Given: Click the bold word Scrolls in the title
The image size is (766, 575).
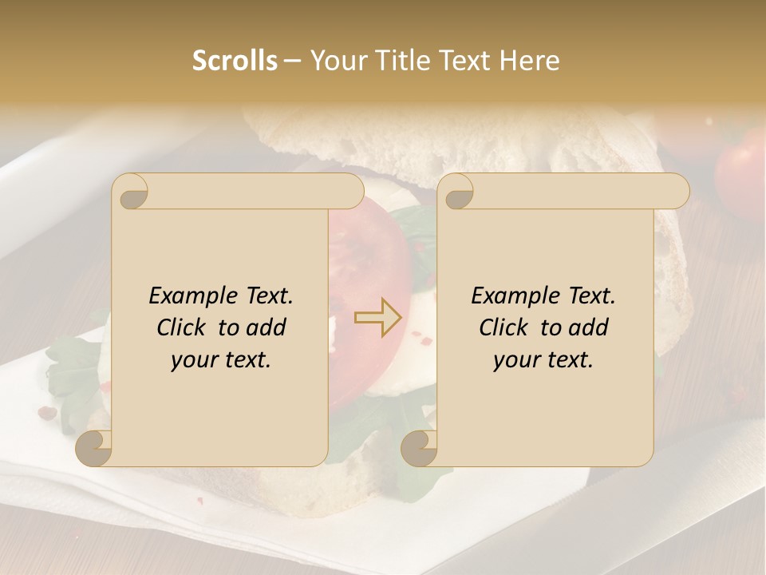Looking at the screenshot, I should pos(235,61).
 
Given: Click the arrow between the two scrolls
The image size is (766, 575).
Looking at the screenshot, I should pos(378,318).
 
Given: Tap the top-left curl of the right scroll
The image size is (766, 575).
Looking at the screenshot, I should pos(457,192).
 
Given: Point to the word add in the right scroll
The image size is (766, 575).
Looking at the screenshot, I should pos(589,327).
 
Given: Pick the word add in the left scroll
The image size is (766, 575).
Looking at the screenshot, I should pos(267,327).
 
